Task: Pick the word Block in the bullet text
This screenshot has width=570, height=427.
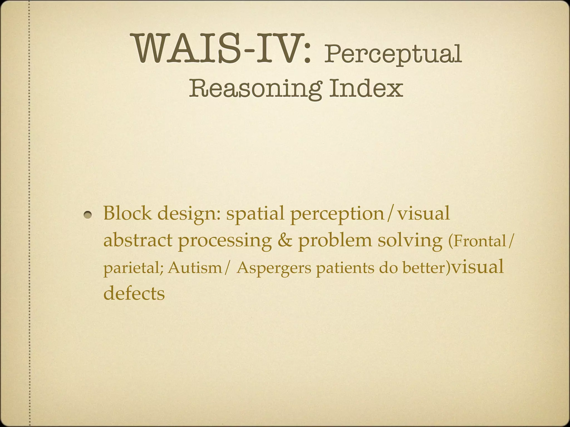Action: point(127,213)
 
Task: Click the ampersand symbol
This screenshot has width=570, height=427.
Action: point(285,240)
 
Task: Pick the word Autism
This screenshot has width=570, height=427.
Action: point(195,268)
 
